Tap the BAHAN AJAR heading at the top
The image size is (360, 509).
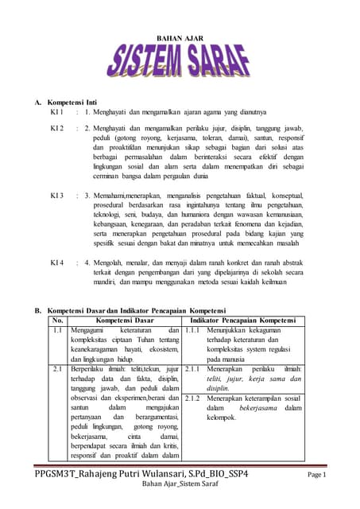pos(180,37)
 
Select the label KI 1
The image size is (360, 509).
pos(56,113)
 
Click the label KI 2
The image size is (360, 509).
pos(56,127)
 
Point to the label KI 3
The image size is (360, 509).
pos(56,195)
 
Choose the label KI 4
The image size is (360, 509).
pos(56,262)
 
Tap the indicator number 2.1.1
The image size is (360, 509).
pos(192,370)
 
